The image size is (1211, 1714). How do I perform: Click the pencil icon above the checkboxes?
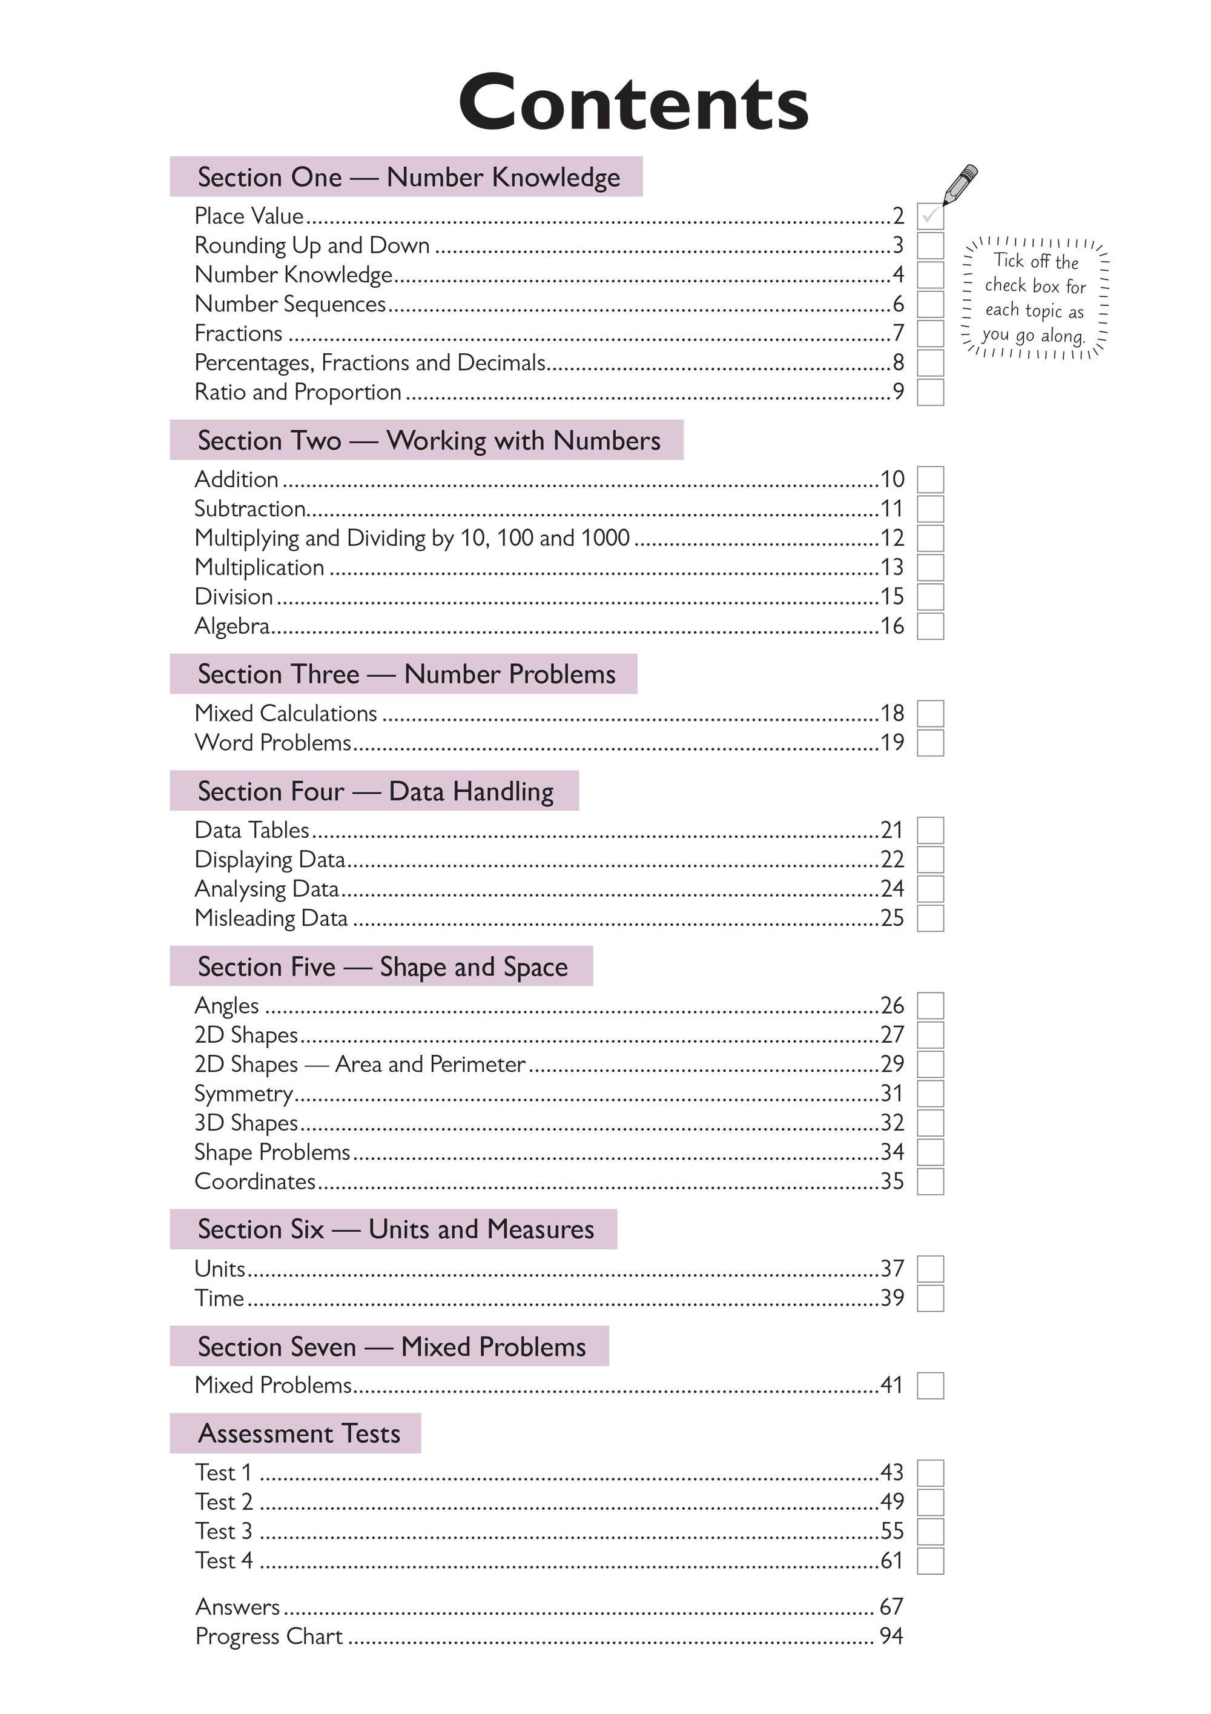[960, 184]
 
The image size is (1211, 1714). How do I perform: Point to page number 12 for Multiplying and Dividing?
[892, 537]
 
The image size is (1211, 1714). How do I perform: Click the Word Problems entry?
[272, 743]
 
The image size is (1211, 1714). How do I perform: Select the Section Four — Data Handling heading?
[375, 791]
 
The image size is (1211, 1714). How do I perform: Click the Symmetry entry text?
[243, 1094]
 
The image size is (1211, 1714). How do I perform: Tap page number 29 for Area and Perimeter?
[892, 1064]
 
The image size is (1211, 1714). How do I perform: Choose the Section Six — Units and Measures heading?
[395, 1229]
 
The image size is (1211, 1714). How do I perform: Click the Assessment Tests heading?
[299, 1433]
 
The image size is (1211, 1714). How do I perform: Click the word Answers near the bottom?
[237, 1607]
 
